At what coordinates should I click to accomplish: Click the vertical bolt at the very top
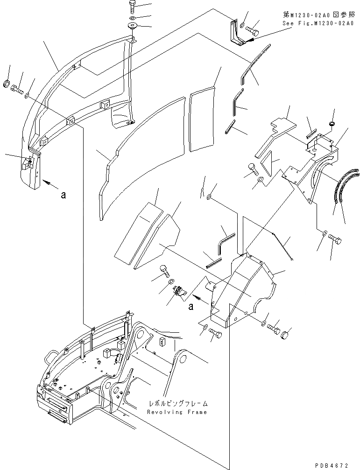[x=131, y=7]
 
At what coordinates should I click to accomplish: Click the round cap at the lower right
[x=286, y=334]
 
